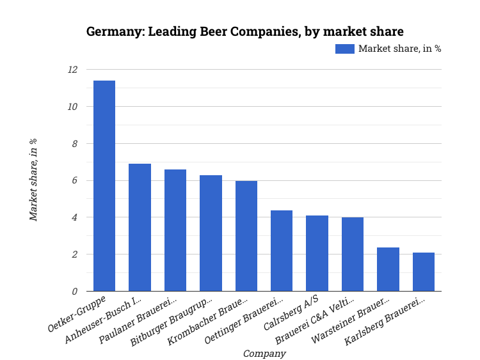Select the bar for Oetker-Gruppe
coord(104,186)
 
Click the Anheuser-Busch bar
coord(140,228)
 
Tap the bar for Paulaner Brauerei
coord(175,230)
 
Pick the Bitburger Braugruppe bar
coord(211,233)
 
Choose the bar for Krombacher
coord(246,236)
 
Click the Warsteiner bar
coord(388,269)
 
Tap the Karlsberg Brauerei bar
coord(424,272)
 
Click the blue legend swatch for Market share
coord(344,49)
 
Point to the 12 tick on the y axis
coord(72,70)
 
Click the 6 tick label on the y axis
coord(74,181)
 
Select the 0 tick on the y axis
coord(74,292)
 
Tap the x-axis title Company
coord(264,353)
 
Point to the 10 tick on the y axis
coord(72,107)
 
